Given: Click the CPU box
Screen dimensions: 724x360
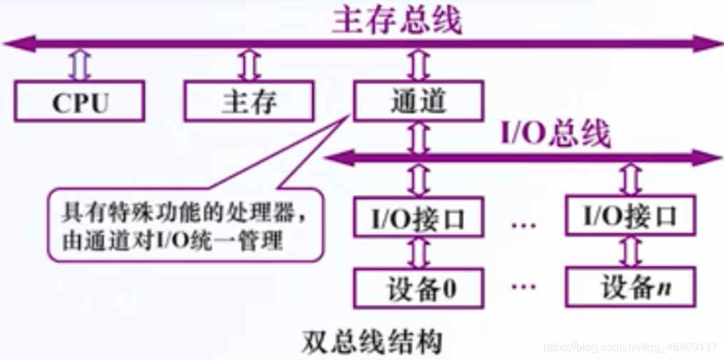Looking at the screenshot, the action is pyautogui.click(x=79, y=101).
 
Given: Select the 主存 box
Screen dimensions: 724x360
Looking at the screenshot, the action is pyautogui.click(x=249, y=101).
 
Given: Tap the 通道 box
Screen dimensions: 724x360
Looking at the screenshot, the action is pyautogui.click(x=417, y=101).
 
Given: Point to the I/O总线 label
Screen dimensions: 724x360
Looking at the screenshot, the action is pyautogui.click(x=555, y=134).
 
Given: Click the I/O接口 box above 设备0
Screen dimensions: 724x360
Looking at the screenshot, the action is pyautogui.click(x=417, y=216).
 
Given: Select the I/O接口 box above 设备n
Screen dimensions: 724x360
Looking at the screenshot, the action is pyautogui.click(x=629, y=215).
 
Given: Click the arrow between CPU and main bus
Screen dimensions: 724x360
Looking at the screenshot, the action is pyautogui.click(x=79, y=66).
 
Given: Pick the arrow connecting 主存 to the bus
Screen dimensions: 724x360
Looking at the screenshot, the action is pyautogui.click(x=249, y=66).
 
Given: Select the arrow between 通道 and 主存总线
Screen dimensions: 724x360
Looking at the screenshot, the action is pyautogui.click(x=417, y=66).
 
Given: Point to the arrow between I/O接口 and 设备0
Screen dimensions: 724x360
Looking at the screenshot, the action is pyautogui.click(x=417, y=252).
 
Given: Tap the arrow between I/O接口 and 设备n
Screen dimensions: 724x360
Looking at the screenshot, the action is pyautogui.click(x=629, y=252).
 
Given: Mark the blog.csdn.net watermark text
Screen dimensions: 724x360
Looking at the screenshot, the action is pyautogui.click(x=629, y=346).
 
